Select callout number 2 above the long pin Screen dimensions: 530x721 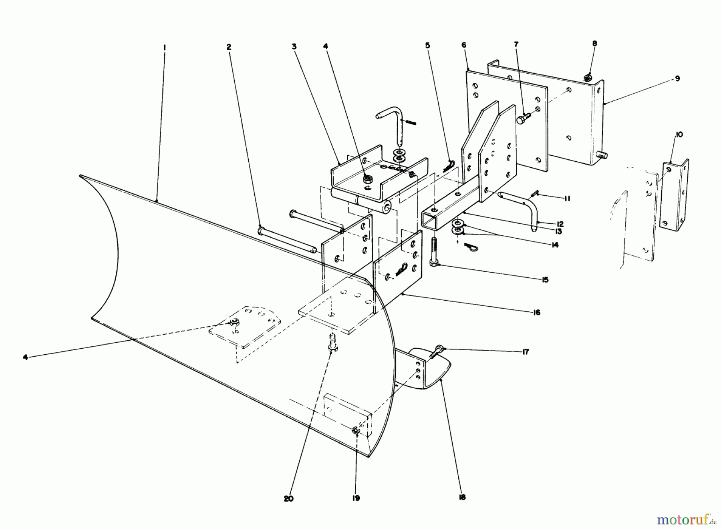tap(229, 47)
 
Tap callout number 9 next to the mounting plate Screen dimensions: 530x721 tap(677, 79)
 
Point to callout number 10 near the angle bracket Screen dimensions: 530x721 tap(680, 135)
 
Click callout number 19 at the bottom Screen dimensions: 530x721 tap(356, 498)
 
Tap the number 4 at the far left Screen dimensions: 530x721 tap(26, 357)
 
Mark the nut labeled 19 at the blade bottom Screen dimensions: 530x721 tap(355, 431)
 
